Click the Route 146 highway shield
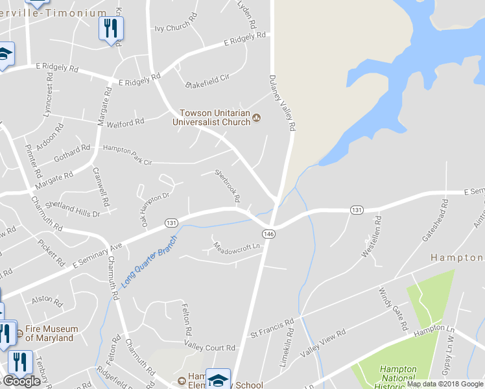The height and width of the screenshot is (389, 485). point(268,233)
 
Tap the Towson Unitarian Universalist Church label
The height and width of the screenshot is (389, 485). point(211,117)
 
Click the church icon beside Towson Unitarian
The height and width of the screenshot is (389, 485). point(257,117)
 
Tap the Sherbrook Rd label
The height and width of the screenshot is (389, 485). point(228,185)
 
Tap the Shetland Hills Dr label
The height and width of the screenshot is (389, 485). point(78,207)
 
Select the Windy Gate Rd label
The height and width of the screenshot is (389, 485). point(392,307)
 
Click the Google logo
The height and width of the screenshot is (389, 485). point(21,381)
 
